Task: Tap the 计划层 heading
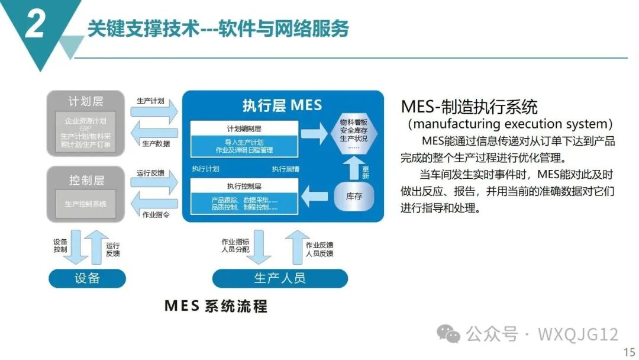click(86, 101)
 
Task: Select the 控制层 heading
click(86, 179)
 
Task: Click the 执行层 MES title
click(282, 106)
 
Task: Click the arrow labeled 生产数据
click(154, 133)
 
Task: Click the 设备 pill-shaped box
click(87, 278)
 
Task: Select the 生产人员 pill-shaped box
click(280, 278)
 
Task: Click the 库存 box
click(354, 197)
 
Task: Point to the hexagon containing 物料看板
click(354, 134)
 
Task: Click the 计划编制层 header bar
click(244, 128)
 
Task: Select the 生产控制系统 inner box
click(86, 204)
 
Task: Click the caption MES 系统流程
click(216, 306)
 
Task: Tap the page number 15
click(629, 352)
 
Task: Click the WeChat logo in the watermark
click(448, 335)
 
